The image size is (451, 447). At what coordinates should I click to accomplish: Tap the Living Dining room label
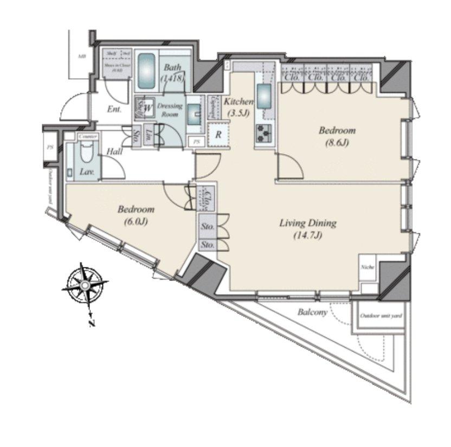point(308,229)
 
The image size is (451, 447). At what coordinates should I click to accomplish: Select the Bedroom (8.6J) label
point(337,136)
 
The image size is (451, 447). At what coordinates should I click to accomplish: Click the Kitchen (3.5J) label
point(238,107)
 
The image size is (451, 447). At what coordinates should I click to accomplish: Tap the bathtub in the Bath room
point(146,72)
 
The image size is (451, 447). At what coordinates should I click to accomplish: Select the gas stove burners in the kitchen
point(264,133)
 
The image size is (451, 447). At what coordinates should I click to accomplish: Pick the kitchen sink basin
point(265,97)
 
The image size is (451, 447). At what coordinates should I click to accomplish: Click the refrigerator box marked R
point(218,135)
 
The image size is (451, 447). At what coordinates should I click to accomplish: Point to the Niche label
point(367,267)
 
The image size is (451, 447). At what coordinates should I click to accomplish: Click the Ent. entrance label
point(114,109)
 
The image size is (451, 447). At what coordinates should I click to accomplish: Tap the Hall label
point(114,152)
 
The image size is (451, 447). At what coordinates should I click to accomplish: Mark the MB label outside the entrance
point(81,56)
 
